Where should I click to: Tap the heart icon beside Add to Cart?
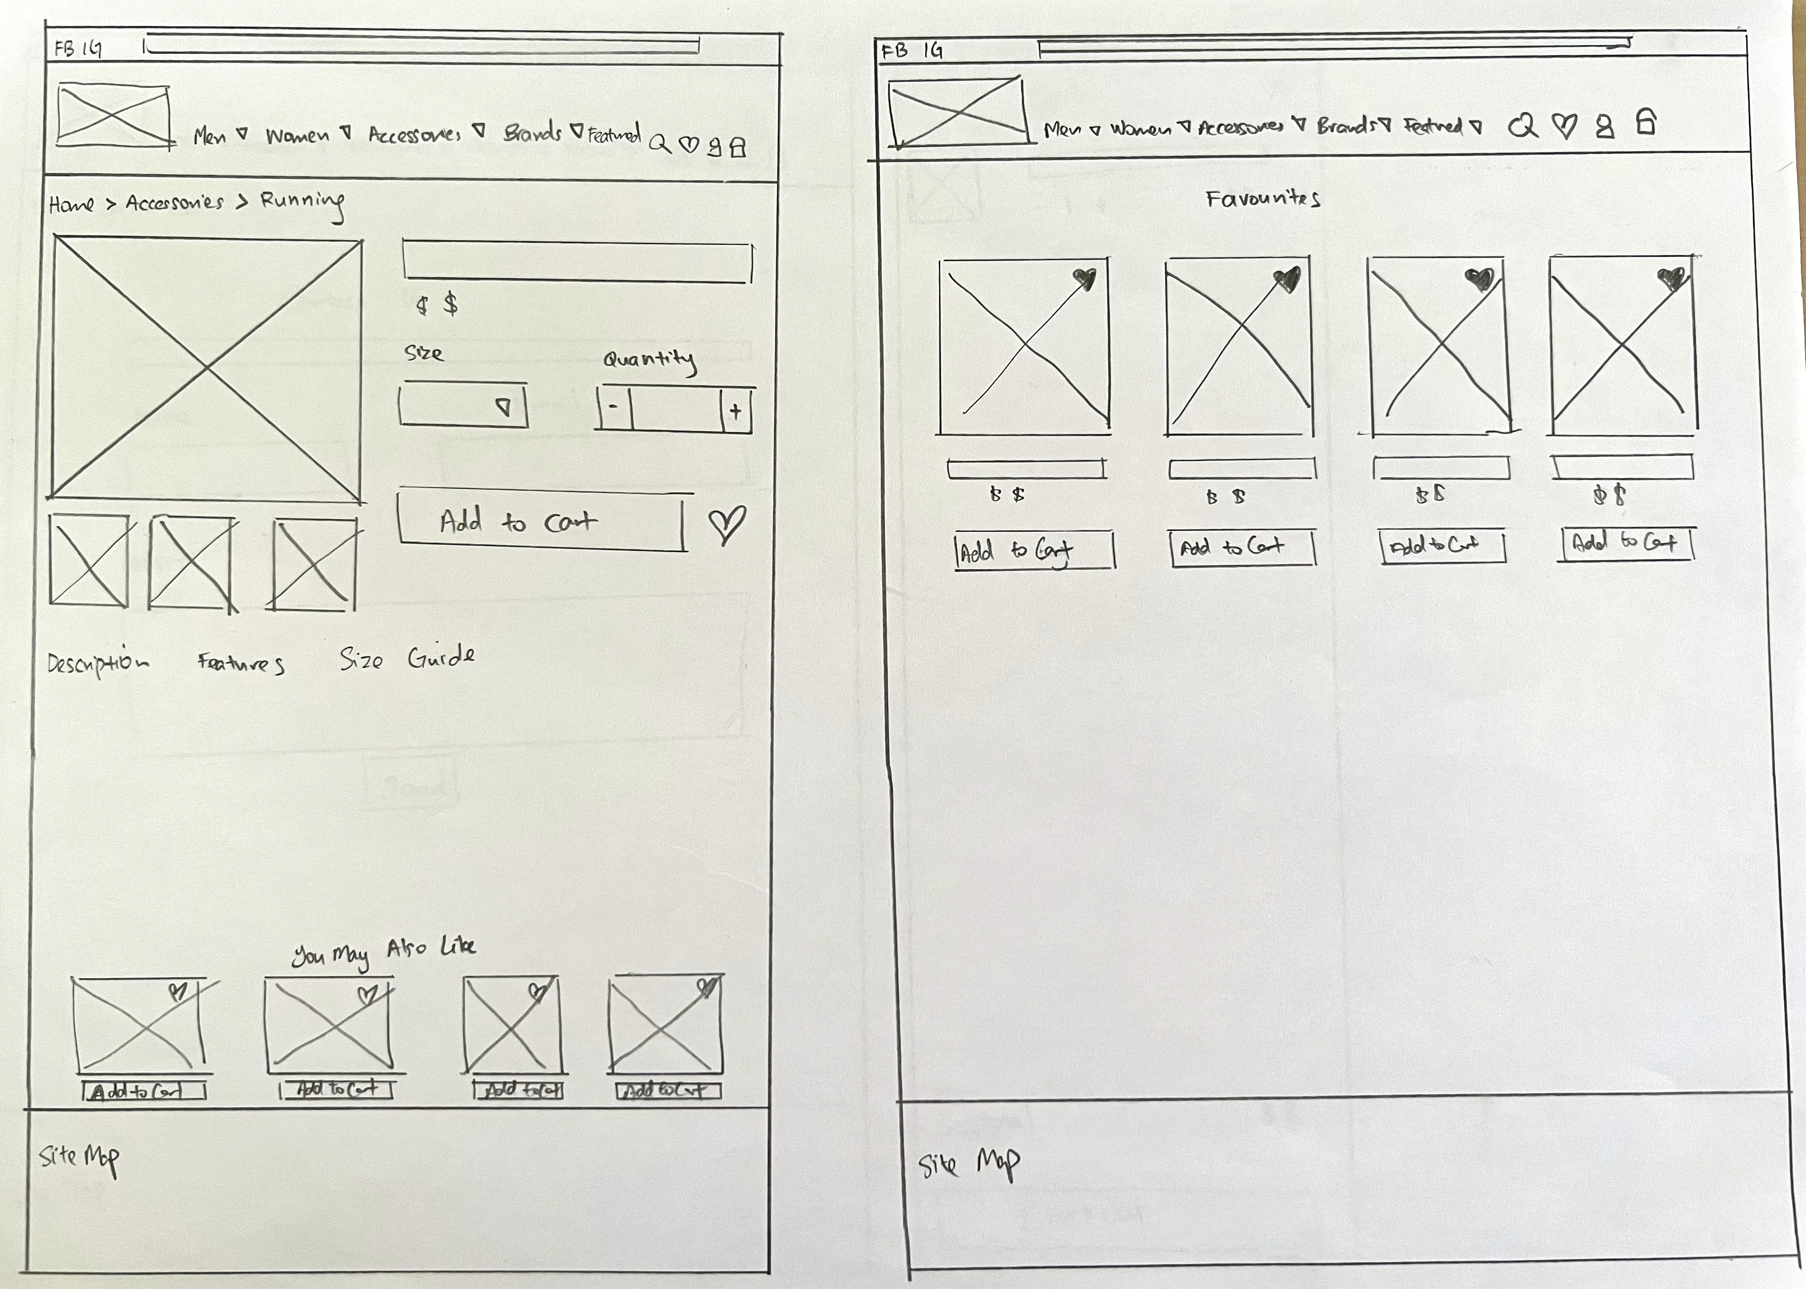point(726,525)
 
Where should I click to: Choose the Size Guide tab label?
point(407,658)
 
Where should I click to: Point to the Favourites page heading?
point(1262,198)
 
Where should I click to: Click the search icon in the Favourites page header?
point(1522,126)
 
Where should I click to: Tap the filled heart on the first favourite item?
point(1084,278)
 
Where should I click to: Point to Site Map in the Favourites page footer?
point(969,1164)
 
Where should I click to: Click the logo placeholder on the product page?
point(113,116)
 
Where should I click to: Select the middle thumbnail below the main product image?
point(193,564)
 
